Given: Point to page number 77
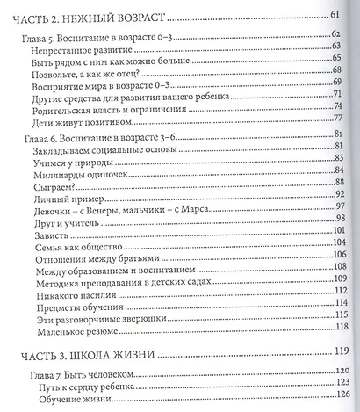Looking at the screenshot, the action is click(335, 119).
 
